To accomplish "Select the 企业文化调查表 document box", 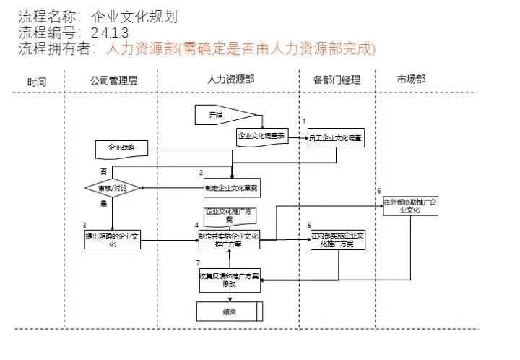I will click(x=262, y=136).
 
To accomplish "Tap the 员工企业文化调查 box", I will click(x=335, y=137).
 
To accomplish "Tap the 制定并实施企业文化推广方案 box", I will click(x=228, y=240).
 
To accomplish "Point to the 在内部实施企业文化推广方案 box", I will click(x=339, y=240).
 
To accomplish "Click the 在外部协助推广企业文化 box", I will click(x=410, y=205).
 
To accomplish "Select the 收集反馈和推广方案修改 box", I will click(x=228, y=280).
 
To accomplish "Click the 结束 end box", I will click(x=230, y=312).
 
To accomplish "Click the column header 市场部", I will click(x=411, y=79).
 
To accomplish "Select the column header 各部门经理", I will click(x=337, y=80).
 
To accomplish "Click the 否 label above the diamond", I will click(x=103, y=171).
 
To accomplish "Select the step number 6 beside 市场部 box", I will click(x=379, y=190).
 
